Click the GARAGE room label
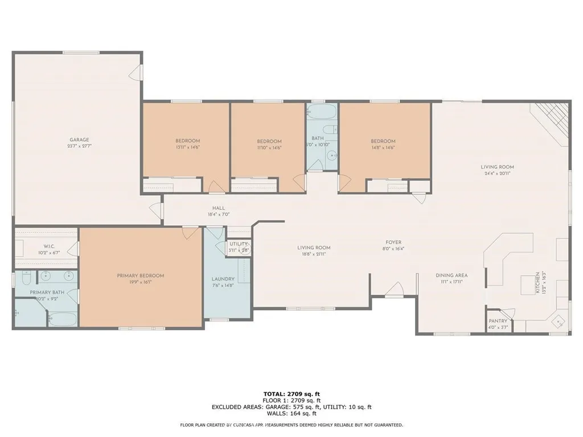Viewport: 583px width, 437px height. (79, 139)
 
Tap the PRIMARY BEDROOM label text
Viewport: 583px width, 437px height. (140, 275)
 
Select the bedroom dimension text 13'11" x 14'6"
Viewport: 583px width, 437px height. (187, 147)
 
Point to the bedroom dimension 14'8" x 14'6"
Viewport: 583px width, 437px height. (383, 147)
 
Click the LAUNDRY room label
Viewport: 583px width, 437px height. (223, 279)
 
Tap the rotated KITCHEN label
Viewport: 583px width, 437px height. (536, 282)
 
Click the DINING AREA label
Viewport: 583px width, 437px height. (451, 275)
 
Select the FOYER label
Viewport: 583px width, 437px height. (393, 242)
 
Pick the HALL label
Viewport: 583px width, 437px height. (218, 208)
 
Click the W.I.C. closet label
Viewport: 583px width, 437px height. (48, 246)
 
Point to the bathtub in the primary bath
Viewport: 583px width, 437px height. (62, 319)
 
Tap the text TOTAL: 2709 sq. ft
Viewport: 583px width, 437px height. (291, 394)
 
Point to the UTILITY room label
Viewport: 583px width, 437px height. (239, 244)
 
